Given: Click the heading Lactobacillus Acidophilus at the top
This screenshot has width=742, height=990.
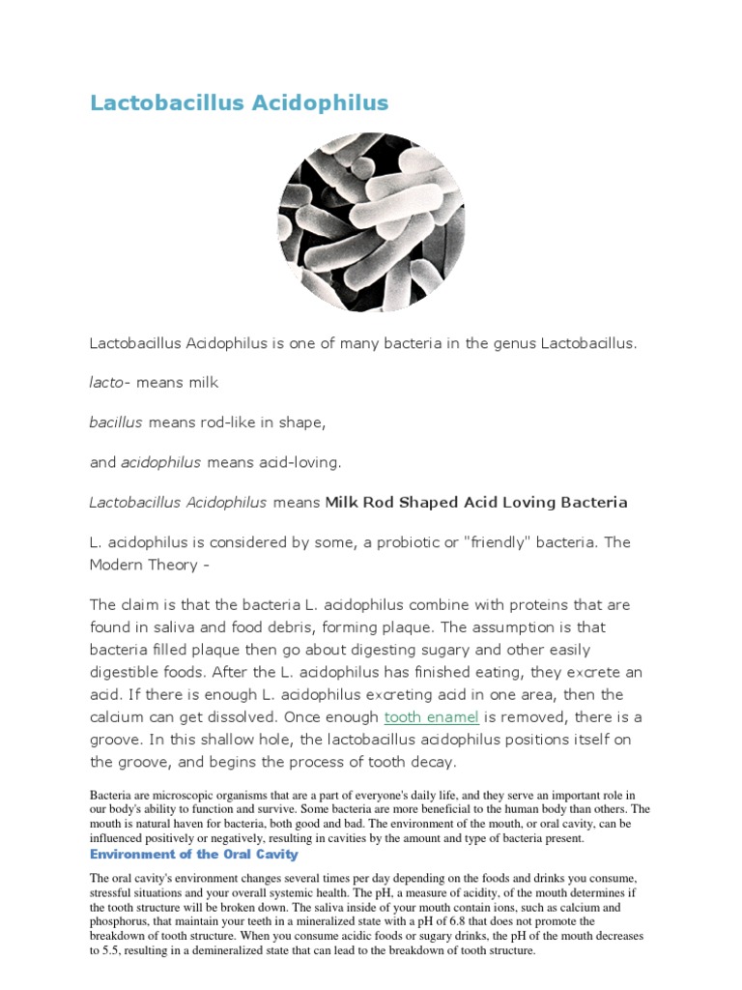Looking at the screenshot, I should point(239,103).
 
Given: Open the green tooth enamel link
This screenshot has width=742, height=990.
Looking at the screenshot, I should point(431,716).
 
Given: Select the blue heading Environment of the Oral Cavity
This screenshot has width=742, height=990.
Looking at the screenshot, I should point(193,855).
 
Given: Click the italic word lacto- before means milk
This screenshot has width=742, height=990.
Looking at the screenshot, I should point(109,382).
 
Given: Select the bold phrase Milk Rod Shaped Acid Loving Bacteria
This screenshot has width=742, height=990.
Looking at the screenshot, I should point(476,503).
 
